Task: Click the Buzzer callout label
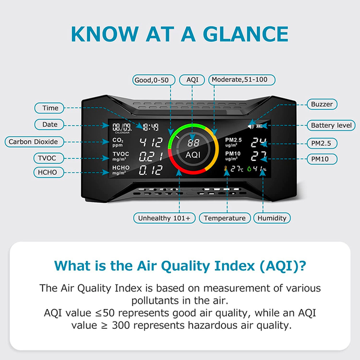[x=321, y=104]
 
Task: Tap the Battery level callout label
[x=329, y=125]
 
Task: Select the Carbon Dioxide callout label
[x=33, y=142]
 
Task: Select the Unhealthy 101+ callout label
[x=164, y=218]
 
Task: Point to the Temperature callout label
[x=224, y=218]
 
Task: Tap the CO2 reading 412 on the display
[x=151, y=143]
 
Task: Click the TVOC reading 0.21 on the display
[x=151, y=157]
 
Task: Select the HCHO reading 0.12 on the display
[x=151, y=171]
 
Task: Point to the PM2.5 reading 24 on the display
[x=259, y=143]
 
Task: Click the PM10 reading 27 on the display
[x=259, y=157]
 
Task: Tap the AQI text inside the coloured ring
[x=193, y=155]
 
